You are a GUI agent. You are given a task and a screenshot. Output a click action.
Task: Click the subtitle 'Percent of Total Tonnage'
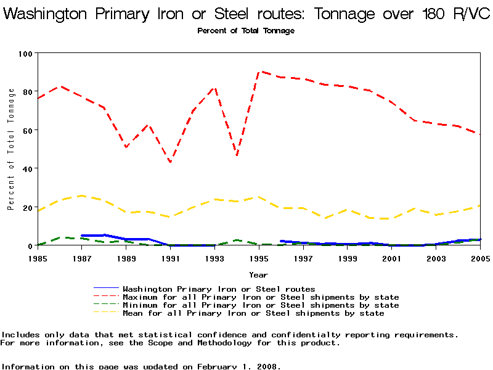[x=246, y=31]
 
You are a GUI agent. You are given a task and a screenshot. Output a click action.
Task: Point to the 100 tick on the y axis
[x=25, y=54]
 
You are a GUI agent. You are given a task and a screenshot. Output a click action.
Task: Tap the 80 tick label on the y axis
[x=27, y=92]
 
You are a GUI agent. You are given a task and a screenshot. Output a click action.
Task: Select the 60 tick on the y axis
[x=27, y=130]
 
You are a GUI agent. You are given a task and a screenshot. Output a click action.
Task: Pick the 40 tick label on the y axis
[x=27, y=168]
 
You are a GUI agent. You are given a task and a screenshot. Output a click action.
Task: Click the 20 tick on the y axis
[x=27, y=207]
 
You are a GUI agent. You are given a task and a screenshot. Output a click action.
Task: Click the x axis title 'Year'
[x=258, y=274]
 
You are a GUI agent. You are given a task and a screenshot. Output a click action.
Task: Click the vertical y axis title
[x=11, y=149]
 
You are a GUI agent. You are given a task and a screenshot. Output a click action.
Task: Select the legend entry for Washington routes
[x=219, y=289]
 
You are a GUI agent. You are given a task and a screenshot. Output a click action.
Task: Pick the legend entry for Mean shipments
[x=253, y=313]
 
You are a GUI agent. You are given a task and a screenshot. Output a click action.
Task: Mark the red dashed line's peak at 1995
[x=259, y=72]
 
